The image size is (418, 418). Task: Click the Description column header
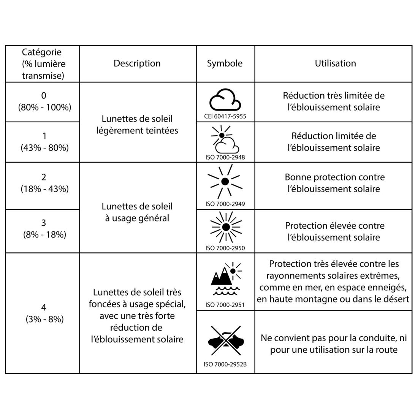point(137,63)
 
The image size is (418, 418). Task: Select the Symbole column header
point(225,63)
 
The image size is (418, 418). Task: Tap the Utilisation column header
point(335,63)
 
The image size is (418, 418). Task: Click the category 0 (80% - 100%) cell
point(44,101)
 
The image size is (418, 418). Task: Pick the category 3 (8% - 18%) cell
point(44,229)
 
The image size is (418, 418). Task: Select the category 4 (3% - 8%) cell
point(44,313)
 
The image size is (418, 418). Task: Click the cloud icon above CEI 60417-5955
point(225,100)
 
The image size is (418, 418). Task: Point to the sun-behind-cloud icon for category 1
point(225,140)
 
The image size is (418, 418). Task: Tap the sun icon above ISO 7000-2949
point(225,181)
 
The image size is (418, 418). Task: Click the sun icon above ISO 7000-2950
point(226,227)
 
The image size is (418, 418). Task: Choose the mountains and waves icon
point(226,279)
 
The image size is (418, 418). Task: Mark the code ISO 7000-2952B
point(225,364)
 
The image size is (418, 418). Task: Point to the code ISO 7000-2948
point(225,157)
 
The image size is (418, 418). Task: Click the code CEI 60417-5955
point(225,116)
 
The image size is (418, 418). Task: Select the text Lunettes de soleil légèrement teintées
point(137,125)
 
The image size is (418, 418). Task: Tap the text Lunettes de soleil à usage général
point(137,212)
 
